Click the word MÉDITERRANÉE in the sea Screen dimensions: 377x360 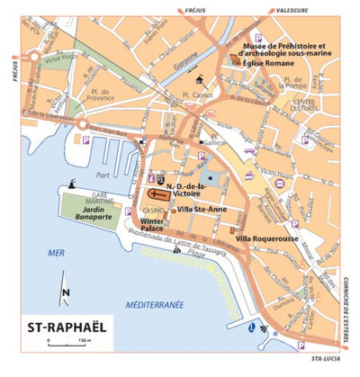[x=155, y=304]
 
